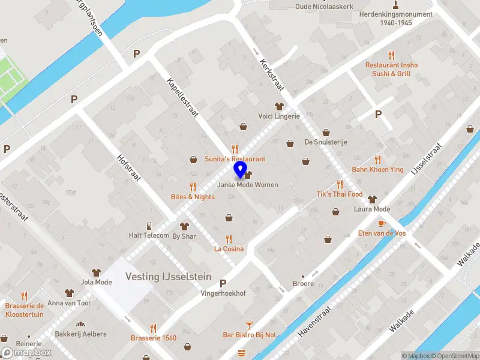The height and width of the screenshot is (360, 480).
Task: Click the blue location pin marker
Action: coord(240,170)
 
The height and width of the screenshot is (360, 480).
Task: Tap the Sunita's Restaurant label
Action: coord(235,159)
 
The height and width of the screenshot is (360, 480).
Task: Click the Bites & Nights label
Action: coord(193,196)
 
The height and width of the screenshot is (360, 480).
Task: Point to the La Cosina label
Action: coord(229,248)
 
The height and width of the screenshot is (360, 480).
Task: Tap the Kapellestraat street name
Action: coord(182,96)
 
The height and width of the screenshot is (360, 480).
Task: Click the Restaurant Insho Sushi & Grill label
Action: coord(392,69)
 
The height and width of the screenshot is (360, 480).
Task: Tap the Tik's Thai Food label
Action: coord(340,194)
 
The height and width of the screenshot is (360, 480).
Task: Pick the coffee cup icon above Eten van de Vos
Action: coord(381,223)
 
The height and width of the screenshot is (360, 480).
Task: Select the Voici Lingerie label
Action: coord(278,116)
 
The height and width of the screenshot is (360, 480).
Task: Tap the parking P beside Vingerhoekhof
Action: coord(223,283)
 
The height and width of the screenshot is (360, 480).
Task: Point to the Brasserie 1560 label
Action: coord(154,338)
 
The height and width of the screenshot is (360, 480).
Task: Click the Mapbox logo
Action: coord(26,352)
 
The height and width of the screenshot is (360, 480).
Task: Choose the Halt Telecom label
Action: coord(149,235)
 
